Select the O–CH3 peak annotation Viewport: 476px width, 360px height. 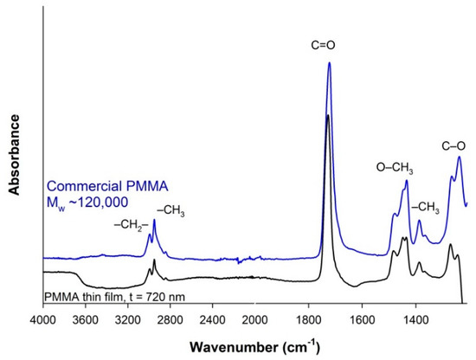tap(395, 167)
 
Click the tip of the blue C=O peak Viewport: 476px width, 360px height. tap(329, 63)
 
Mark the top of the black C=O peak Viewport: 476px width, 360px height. tap(327, 114)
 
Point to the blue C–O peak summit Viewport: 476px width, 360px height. tap(459, 157)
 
